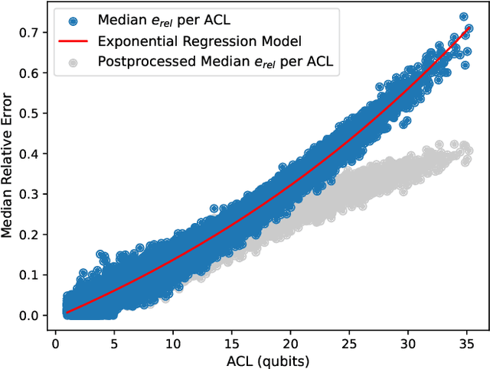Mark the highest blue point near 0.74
click(464, 16)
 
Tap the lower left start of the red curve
click(67, 311)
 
